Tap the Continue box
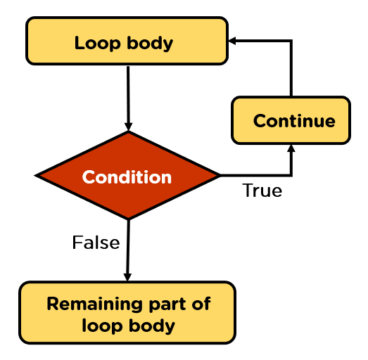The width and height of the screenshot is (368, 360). [x=291, y=121]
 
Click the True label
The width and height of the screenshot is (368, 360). [x=262, y=191]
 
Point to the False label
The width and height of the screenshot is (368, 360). [x=96, y=243]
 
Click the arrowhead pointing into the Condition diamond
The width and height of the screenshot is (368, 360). [x=128, y=126]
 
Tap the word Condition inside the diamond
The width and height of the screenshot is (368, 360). [x=127, y=177]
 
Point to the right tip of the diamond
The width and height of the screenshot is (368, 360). [x=219, y=175]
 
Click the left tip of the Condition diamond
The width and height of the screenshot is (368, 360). [x=37, y=175]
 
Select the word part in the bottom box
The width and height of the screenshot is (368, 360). [x=159, y=304]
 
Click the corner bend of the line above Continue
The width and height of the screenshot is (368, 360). [x=291, y=41]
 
